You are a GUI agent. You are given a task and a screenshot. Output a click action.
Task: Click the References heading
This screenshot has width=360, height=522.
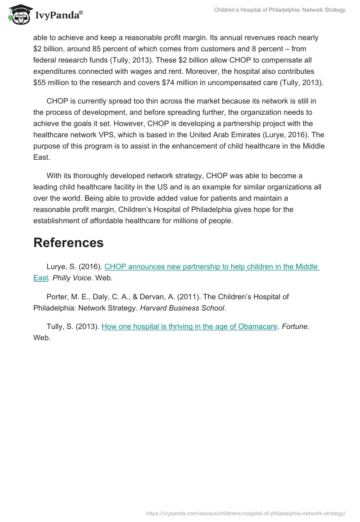68,243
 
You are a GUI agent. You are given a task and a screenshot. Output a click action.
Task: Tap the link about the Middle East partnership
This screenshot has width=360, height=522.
211,267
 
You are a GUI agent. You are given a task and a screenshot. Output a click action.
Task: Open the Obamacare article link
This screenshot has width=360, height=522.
189,327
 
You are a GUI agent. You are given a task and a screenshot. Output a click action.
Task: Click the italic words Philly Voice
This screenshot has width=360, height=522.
72,278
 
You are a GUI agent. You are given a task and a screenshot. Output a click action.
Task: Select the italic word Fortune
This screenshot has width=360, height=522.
295,327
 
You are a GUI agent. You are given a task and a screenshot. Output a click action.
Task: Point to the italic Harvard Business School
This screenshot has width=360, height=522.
182,308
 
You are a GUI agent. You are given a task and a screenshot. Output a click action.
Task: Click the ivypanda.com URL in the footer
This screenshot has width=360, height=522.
246,513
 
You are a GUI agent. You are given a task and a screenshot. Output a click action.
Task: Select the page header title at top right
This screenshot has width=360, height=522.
279,10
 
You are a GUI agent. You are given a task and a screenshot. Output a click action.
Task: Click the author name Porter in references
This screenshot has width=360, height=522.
57,297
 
